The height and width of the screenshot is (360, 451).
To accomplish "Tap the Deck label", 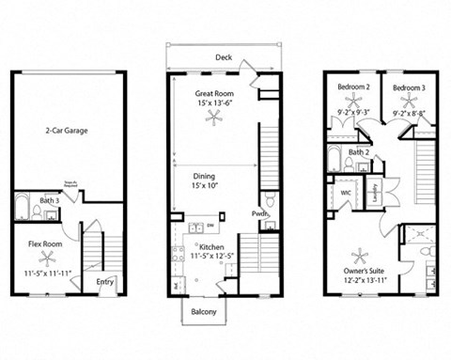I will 223,57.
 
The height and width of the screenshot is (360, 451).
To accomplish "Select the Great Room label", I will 214,94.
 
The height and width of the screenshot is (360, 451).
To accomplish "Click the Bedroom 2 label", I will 354,87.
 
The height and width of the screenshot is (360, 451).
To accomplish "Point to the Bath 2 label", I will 358,151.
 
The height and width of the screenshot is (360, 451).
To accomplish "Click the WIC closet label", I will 346,193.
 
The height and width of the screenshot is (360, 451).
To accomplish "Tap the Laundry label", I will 376,192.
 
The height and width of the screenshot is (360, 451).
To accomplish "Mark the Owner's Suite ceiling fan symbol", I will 361,254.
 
